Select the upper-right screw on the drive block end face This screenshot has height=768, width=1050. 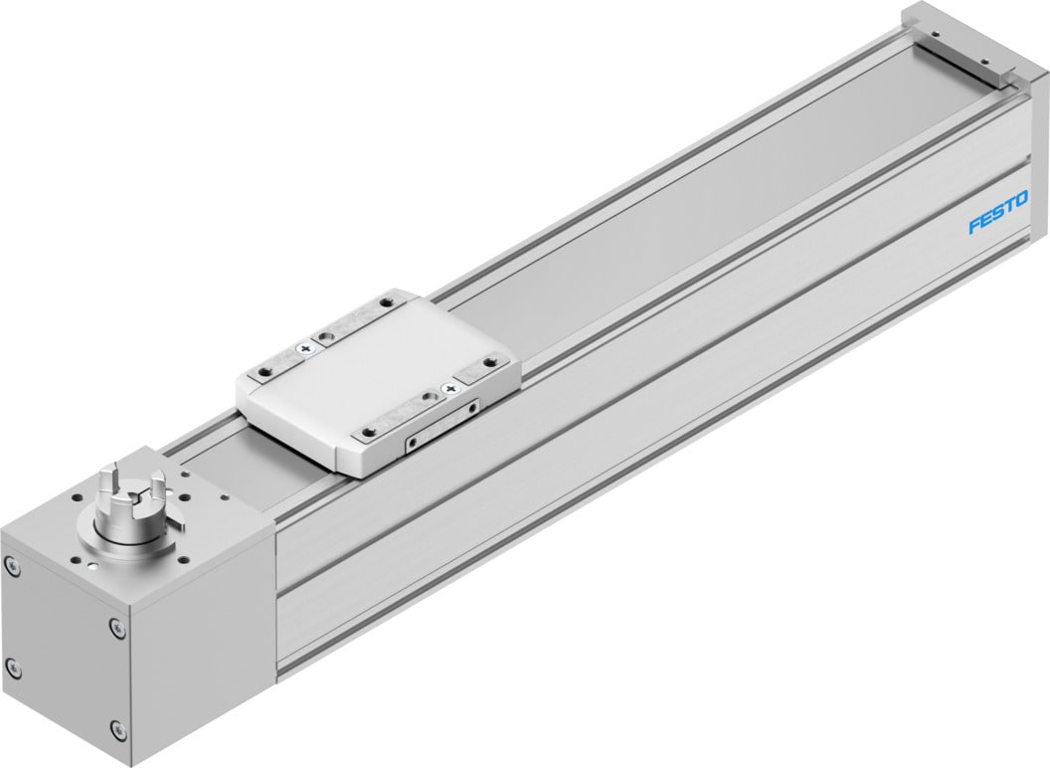click(117, 626)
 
